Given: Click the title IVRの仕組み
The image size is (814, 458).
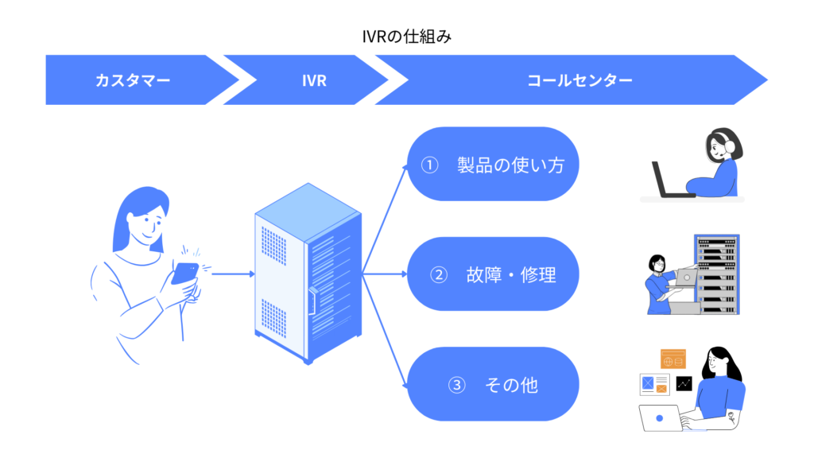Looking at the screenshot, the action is pos(406,37).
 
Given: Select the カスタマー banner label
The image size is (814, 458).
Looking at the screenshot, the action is pos(133,80).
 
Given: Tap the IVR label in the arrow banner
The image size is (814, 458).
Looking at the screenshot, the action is pos(314,80).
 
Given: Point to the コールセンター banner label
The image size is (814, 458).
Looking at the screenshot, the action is pos(579,80).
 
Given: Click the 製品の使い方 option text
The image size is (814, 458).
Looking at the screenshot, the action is pos(511,165).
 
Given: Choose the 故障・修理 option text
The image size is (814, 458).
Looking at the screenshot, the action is pos(511,274).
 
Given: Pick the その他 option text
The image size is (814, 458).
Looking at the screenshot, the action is pos(511,386).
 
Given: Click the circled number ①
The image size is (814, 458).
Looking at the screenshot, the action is pos(430,165).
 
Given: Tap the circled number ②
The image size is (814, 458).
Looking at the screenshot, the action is pos(439,274).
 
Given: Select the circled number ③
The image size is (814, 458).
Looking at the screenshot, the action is pos(457,386).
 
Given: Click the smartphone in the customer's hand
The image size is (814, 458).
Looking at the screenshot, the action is pos(184,274).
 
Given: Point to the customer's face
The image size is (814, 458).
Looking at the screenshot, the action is pos(146,224).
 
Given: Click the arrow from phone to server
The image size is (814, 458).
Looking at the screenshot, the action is pos(233,274).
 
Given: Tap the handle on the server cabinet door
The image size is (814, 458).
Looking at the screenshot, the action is pos(312,301).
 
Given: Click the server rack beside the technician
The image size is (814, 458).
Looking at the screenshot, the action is pos(717,274).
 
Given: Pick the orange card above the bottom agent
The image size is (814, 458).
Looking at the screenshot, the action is pos(673,359).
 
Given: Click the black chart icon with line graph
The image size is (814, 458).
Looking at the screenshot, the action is pos(684,384).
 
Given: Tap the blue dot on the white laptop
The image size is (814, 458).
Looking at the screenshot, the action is pos(660,418).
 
